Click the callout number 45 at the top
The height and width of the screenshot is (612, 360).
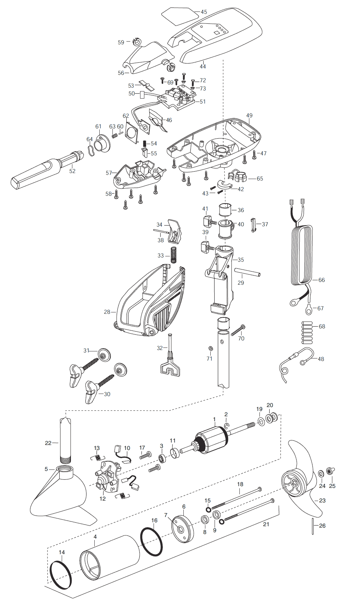pyautogui.click(x=204, y=12)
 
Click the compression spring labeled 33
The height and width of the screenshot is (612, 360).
pyautogui.click(x=173, y=255)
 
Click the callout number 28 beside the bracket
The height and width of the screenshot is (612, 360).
pyautogui.click(x=107, y=312)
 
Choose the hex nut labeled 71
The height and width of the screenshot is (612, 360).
pyautogui.click(x=210, y=349)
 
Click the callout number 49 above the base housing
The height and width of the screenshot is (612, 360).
pyautogui.click(x=249, y=116)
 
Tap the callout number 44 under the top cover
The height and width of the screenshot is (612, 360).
pyautogui.click(x=203, y=66)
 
